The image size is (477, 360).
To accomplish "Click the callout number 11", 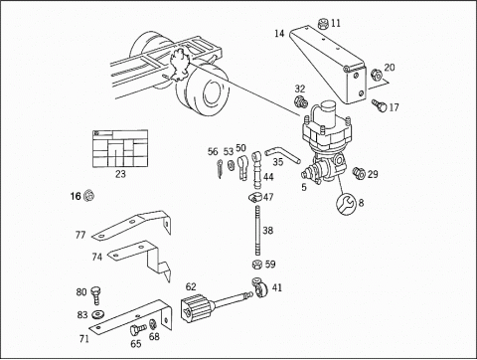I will (335, 23).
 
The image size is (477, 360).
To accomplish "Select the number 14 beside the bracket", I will (280, 34).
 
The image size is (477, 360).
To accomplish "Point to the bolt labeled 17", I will (377, 103).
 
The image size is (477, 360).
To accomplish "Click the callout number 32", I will (299, 89).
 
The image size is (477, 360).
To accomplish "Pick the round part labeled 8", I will (348, 205).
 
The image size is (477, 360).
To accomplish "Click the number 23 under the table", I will (120, 174).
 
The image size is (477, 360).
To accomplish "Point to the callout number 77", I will (80, 236).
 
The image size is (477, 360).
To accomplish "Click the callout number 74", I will (97, 257).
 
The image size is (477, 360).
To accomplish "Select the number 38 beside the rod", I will (267, 230).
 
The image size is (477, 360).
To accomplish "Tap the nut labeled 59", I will (254, 266).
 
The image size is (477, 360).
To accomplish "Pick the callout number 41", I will (276, 289).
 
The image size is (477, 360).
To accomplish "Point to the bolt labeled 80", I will (97, 293).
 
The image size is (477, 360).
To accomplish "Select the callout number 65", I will (135, 344).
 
